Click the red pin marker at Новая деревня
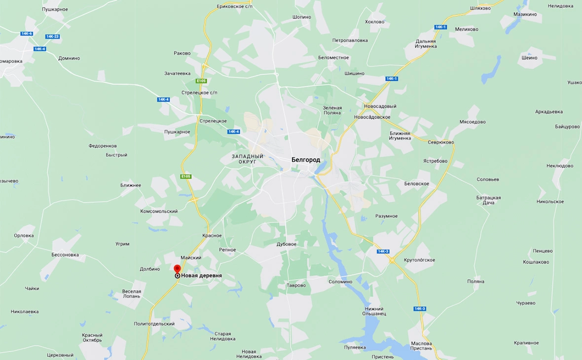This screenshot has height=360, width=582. coord(177,268)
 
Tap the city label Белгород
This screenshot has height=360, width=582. coord(305,160)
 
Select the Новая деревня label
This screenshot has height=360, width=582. coord(201,276)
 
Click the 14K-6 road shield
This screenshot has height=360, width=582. coord(27,34)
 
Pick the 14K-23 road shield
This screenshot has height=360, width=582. coord(52,36)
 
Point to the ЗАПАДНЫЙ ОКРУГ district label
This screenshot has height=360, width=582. coord(248,159)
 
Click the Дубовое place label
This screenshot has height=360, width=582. coord(287,244)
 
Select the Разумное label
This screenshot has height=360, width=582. coord(386,216)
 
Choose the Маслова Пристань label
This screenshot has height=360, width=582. coord(421,346)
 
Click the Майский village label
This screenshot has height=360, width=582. coord(191,257)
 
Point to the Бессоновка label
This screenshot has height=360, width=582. coord(65,255)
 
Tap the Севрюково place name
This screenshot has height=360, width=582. coord(441,142)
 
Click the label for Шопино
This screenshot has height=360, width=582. coord(301,17)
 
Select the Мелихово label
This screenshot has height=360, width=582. coord(467,29)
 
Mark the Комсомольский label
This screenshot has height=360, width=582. coord(158,211)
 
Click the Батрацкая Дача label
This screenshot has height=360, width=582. coord(488,200)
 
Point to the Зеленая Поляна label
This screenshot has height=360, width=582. coord(332,110)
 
